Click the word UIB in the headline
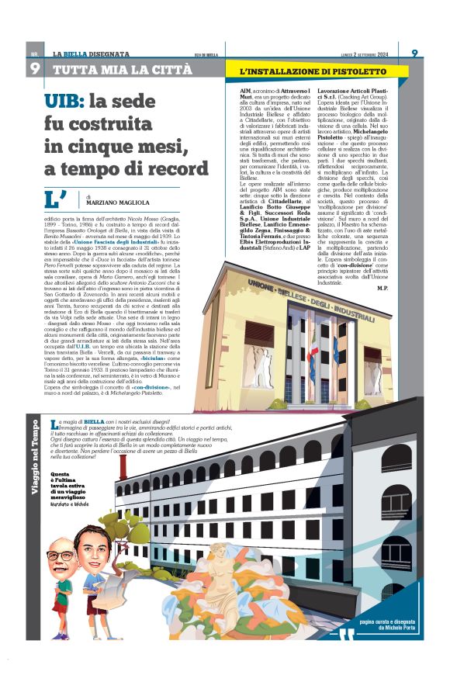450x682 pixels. pos(65,101)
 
